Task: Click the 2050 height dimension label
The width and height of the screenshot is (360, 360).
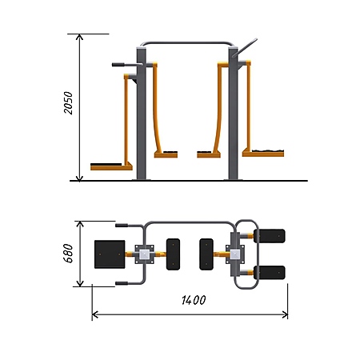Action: tap(68, 103)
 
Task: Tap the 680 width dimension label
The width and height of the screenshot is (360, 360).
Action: tap(68, 253)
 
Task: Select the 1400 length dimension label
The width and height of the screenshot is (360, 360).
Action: tap(194, 300)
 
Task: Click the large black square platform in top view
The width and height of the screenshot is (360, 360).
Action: tap(110, 254)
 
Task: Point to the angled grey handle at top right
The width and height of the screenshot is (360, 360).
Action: tap(245, 48)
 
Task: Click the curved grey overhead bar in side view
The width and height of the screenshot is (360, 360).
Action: tap(187, 43)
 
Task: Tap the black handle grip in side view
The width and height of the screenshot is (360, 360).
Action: tap(118, 65)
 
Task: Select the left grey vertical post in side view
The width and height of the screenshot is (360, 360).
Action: tap(142, 114)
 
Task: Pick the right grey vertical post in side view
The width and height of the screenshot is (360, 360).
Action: tap(233, 114)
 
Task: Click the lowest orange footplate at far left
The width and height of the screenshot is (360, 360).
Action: tap(111, 167)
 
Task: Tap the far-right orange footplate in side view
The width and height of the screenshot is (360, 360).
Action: tap(263, 154)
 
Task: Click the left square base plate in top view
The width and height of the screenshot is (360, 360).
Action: tap(144, 254)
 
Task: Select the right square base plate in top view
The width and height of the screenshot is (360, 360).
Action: tap(235, 254)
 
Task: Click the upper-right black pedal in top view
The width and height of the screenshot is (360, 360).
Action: tap(270, 236)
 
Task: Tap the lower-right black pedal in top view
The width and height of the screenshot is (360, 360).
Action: tap(270, 273)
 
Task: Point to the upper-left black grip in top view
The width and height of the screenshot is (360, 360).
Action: tap(122, 226)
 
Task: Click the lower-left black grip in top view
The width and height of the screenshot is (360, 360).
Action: tap(122, 283)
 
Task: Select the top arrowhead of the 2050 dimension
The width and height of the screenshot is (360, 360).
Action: tap(79, 37)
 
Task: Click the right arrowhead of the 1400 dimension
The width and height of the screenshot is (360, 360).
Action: tap(285, 315)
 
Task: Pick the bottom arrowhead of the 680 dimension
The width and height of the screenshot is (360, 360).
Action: tap(80, 284)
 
